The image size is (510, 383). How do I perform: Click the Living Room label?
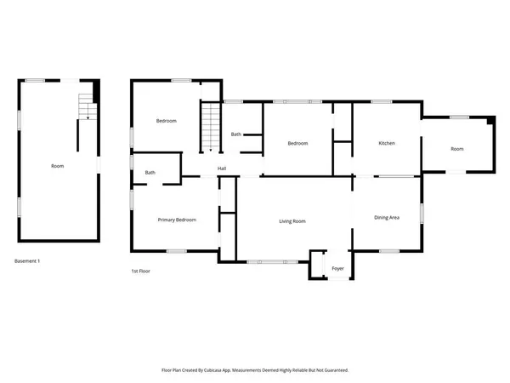coord(292,221)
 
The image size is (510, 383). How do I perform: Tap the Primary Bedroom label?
coord(177,220)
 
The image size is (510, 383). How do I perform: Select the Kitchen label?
coord(387,143)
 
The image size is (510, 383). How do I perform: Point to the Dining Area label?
coord(387,218)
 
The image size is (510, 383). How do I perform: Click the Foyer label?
coord(337,268)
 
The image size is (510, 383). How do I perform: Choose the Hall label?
coord(221,169)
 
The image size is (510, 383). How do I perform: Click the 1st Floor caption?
coord(140,271)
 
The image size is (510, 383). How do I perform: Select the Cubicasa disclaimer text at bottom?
coord(255,370)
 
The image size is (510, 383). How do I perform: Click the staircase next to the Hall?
coord(210,128)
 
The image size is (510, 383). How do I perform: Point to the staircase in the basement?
coord(86,106)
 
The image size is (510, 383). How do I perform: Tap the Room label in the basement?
coord(57,166)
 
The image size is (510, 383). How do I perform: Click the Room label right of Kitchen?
coord(457,149)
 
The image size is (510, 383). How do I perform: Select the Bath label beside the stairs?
coord(235,134)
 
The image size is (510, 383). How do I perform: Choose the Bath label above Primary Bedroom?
coord(150,173)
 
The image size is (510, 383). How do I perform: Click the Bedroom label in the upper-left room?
coord(166,121)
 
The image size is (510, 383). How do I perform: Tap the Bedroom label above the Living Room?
coord(297,143)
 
